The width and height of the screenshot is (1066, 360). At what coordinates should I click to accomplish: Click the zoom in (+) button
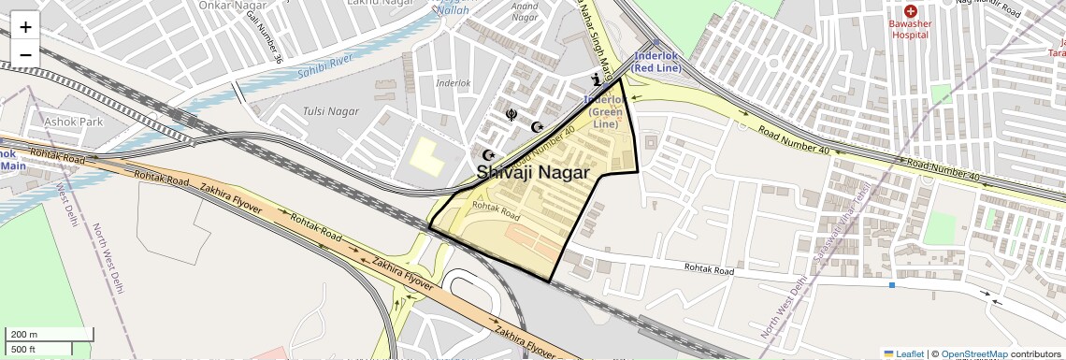[25, 26]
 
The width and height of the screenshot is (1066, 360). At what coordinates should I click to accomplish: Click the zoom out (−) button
[25, 54]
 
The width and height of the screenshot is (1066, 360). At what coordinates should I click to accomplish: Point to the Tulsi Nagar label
[330, 111]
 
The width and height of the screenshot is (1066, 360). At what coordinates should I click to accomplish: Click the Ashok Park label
[73, 122]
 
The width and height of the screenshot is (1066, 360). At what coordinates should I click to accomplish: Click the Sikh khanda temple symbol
[511, 115]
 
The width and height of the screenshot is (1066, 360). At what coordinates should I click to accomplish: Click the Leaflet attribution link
[903, 353]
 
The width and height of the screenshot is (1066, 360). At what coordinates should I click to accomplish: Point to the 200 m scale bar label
[25, 335]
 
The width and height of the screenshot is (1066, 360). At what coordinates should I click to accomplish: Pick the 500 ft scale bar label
[25, 349]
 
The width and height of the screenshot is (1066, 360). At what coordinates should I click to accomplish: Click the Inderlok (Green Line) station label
[604, 111]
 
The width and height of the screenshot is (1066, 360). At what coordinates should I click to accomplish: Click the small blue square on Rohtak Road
[892, 284]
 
